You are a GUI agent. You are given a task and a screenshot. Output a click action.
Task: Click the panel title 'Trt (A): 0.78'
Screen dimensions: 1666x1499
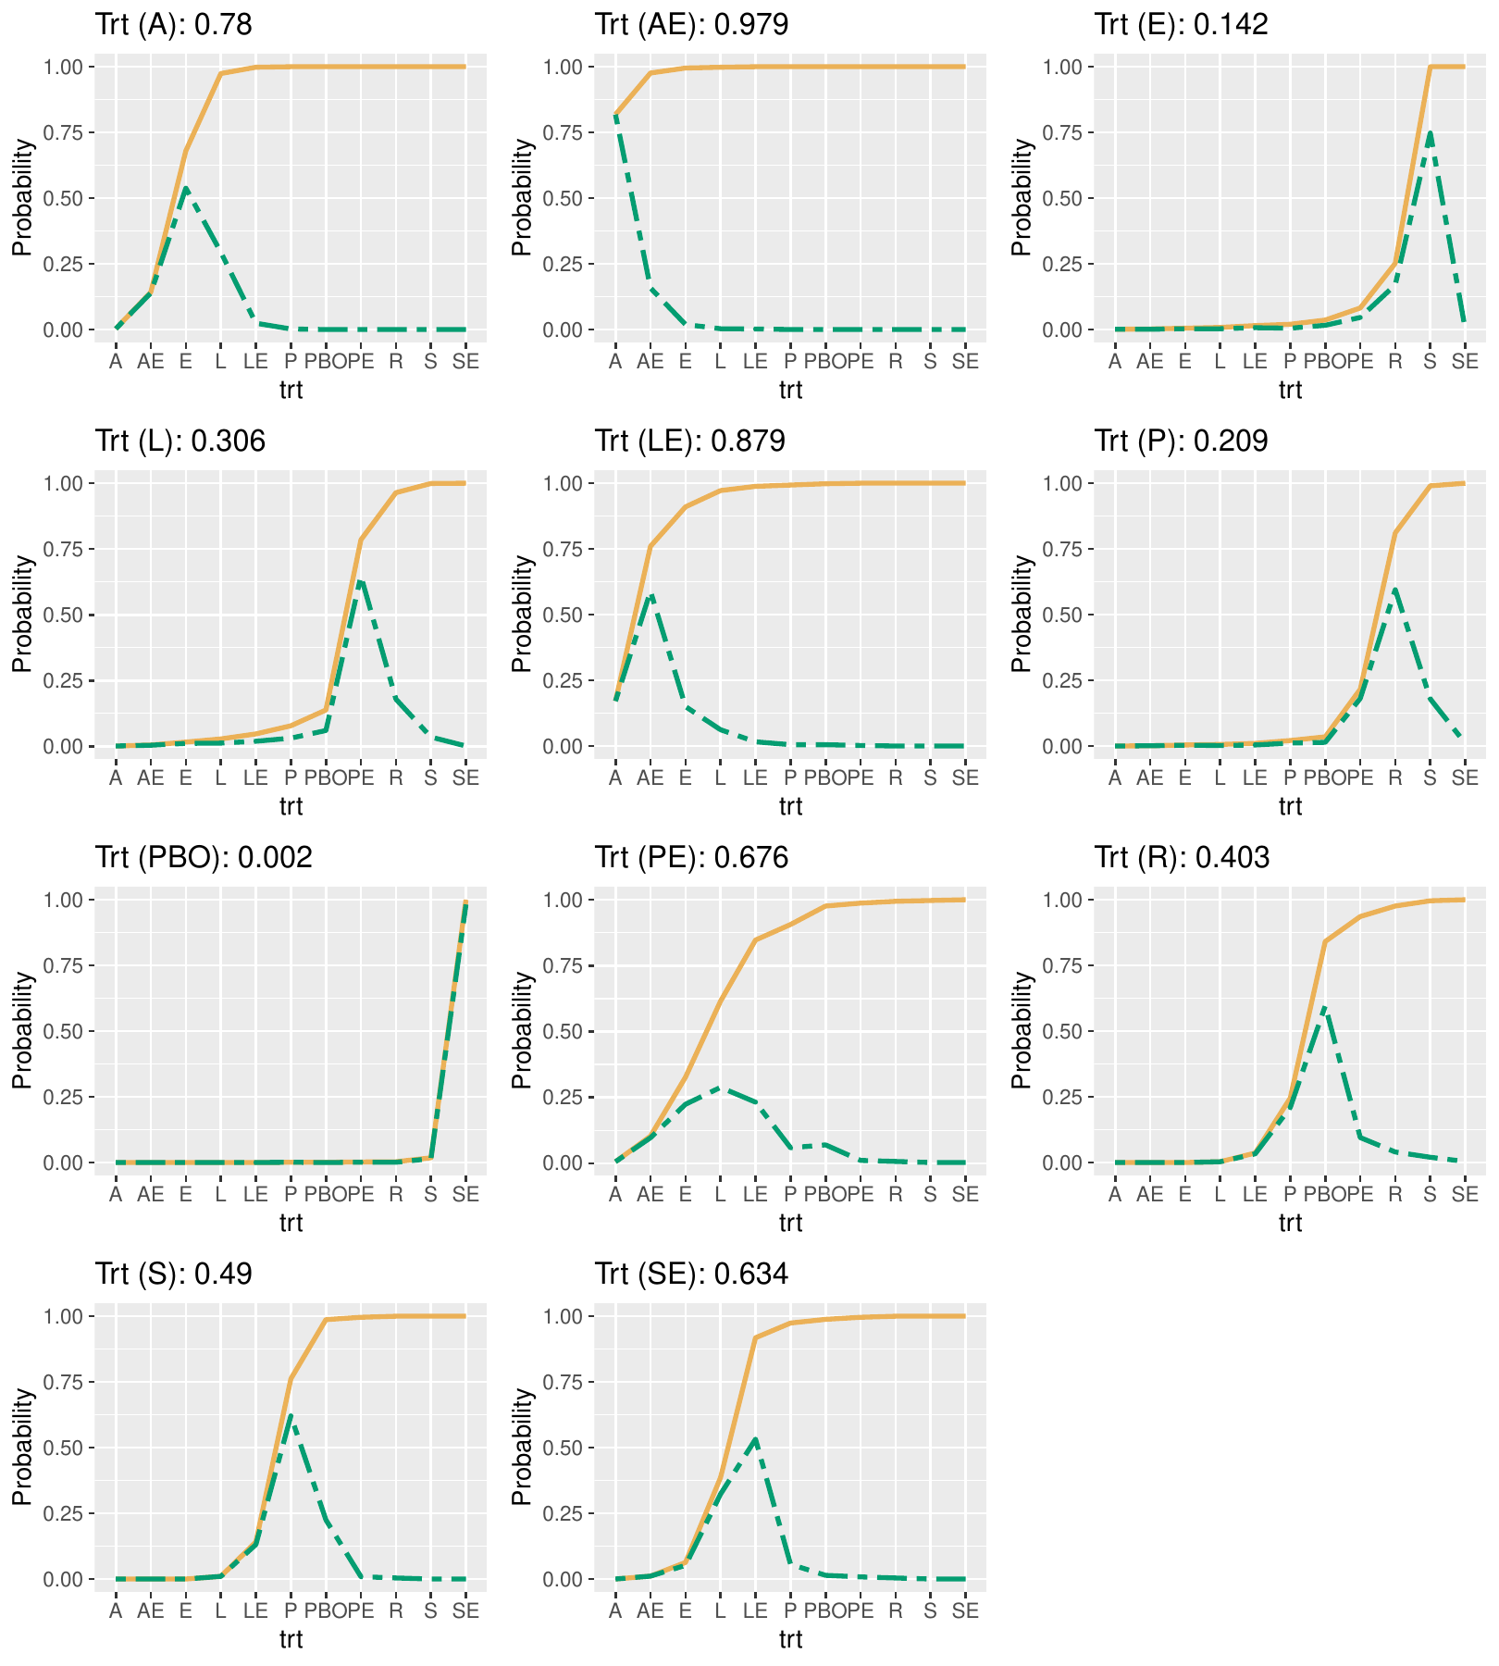tap(173, 25)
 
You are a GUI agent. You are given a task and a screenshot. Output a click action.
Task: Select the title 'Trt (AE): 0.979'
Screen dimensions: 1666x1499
tap(691, 25)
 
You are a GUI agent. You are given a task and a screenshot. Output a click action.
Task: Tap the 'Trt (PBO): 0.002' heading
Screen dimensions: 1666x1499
tap(204, 858)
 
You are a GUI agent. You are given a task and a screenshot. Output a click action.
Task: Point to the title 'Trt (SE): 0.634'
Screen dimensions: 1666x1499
tap(691, 1274)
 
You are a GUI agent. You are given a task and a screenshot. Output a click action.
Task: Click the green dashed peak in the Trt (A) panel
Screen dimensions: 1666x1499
tap(186, 188)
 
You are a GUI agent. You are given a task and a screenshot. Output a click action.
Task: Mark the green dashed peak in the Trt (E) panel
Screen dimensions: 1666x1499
tap(1430, 133)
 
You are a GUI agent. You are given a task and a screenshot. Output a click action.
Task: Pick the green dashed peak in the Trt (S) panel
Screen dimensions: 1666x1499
tap(291, 1416)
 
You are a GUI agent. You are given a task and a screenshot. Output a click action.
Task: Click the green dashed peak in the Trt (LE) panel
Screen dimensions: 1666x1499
tap(650, 594)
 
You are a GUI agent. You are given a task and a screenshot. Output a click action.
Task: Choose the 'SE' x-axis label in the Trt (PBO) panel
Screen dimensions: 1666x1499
tap(465, 1195)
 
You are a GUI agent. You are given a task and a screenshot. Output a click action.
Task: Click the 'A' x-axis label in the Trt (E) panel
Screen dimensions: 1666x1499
tap(1115, 362)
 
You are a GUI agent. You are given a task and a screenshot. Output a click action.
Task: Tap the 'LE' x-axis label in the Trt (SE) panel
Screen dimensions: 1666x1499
tap(755, 1611)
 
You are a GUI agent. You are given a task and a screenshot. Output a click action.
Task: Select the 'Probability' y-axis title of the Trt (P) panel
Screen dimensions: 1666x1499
tap(1021, 614)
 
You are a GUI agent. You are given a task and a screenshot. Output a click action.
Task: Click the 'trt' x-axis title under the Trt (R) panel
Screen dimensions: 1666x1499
tap(1290, 1224)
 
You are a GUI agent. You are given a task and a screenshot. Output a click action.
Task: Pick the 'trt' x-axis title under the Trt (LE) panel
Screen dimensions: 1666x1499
tap(790, 807)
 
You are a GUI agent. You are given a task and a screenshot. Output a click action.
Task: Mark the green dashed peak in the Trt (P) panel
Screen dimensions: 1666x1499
tap(1394, 589)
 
